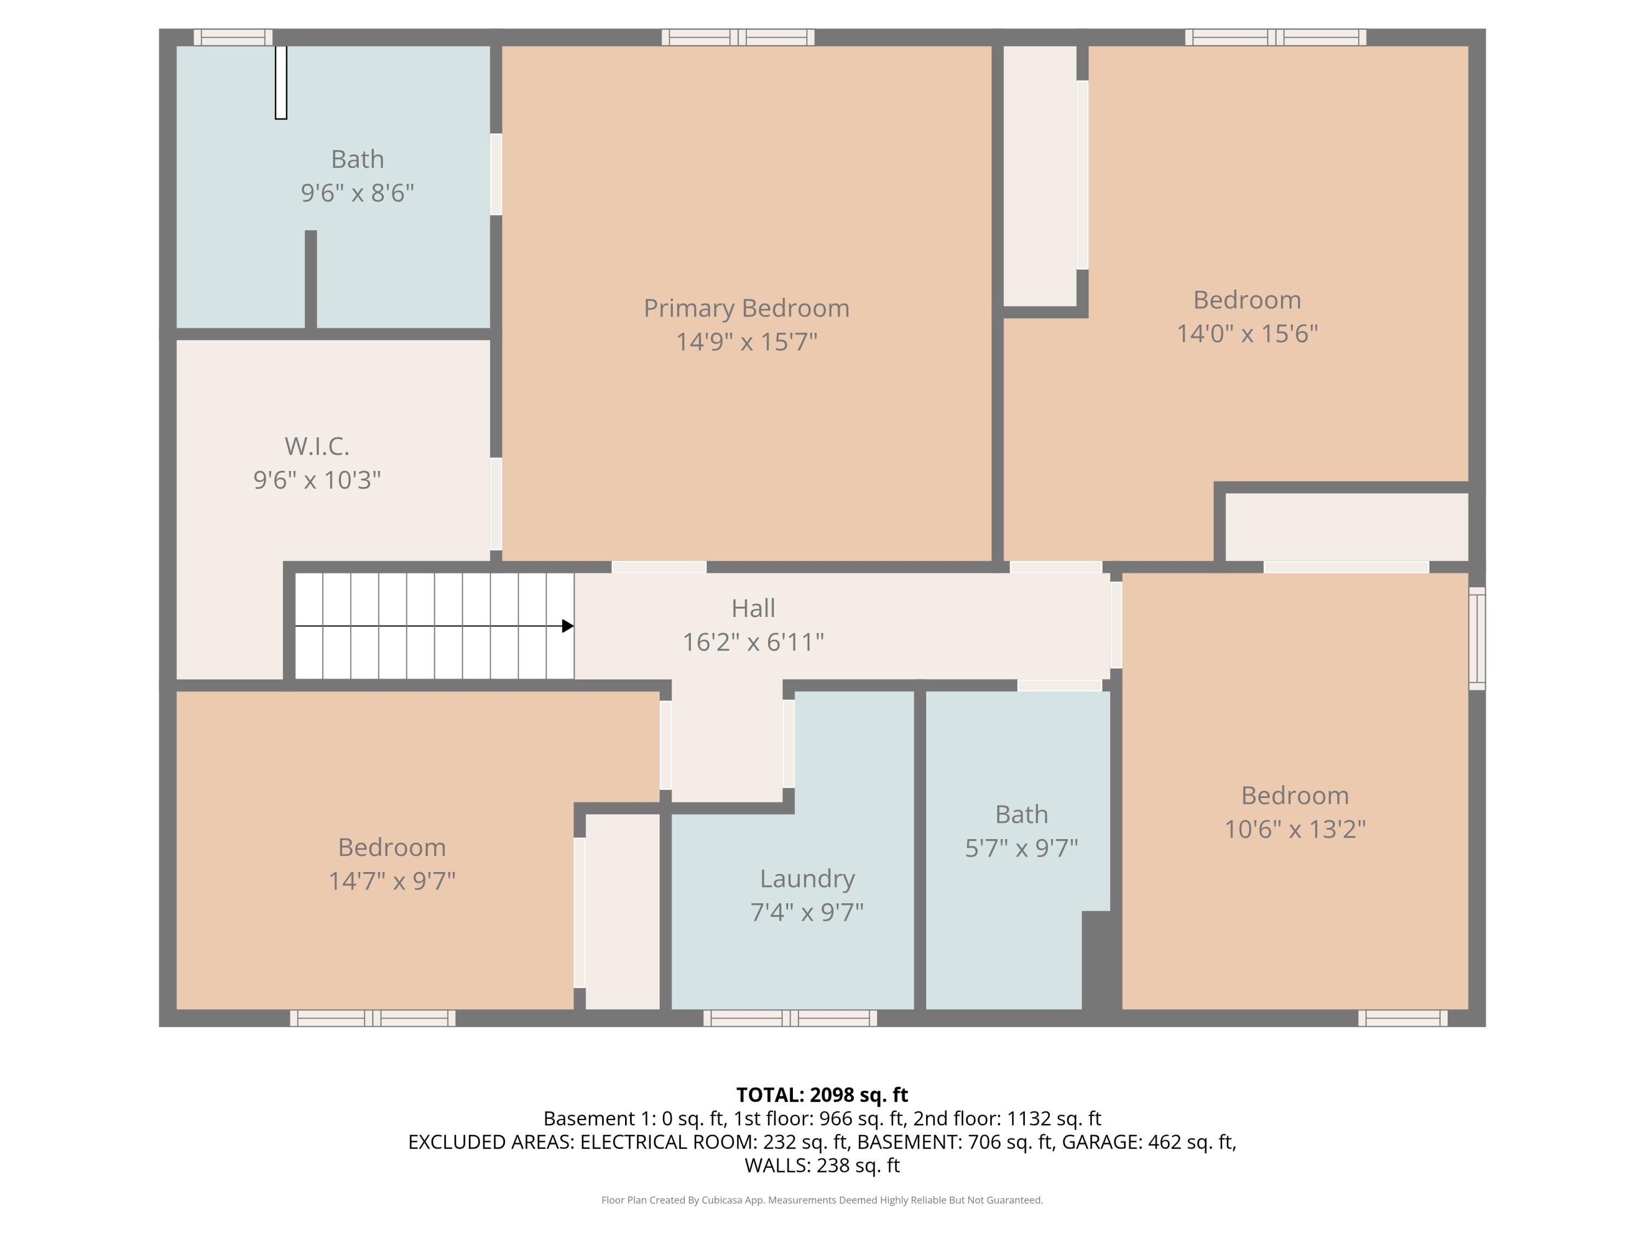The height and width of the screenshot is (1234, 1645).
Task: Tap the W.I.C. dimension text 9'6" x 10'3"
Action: (x=317, y=480)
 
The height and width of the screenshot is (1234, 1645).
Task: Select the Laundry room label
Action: (x=807, y=879)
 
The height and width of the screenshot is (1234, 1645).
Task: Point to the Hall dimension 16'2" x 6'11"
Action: (x=753, y=642)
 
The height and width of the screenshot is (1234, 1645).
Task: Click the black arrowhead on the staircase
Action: (x=568, y=626)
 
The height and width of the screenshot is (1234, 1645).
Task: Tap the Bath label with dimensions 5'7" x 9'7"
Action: (x=1021, y=814)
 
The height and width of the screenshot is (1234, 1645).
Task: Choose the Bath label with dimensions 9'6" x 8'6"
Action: (x=357, y=159)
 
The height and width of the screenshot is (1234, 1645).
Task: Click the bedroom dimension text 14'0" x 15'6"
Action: (x=1246, y=333)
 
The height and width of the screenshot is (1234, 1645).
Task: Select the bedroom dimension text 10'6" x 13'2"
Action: (x=1294, y=829)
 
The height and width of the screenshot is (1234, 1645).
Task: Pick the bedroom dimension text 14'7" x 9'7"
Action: (x=392, y=881)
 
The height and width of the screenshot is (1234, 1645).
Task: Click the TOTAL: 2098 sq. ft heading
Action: (x=822, y=1095)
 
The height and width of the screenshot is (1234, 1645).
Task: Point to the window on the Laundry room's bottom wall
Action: (x=790, y=1018)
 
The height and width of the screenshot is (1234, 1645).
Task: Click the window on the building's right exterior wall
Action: (x=1477, y=638)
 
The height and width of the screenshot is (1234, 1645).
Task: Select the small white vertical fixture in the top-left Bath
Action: (x=281, y=82)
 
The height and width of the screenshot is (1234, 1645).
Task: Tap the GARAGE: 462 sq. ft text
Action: (x=1148, y=1142)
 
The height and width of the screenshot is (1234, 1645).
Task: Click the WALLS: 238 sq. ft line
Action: (x=822, y=1165)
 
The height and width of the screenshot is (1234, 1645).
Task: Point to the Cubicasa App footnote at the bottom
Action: (x=822, y=1200)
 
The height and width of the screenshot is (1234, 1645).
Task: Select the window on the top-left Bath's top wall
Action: (x=233, y=37)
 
